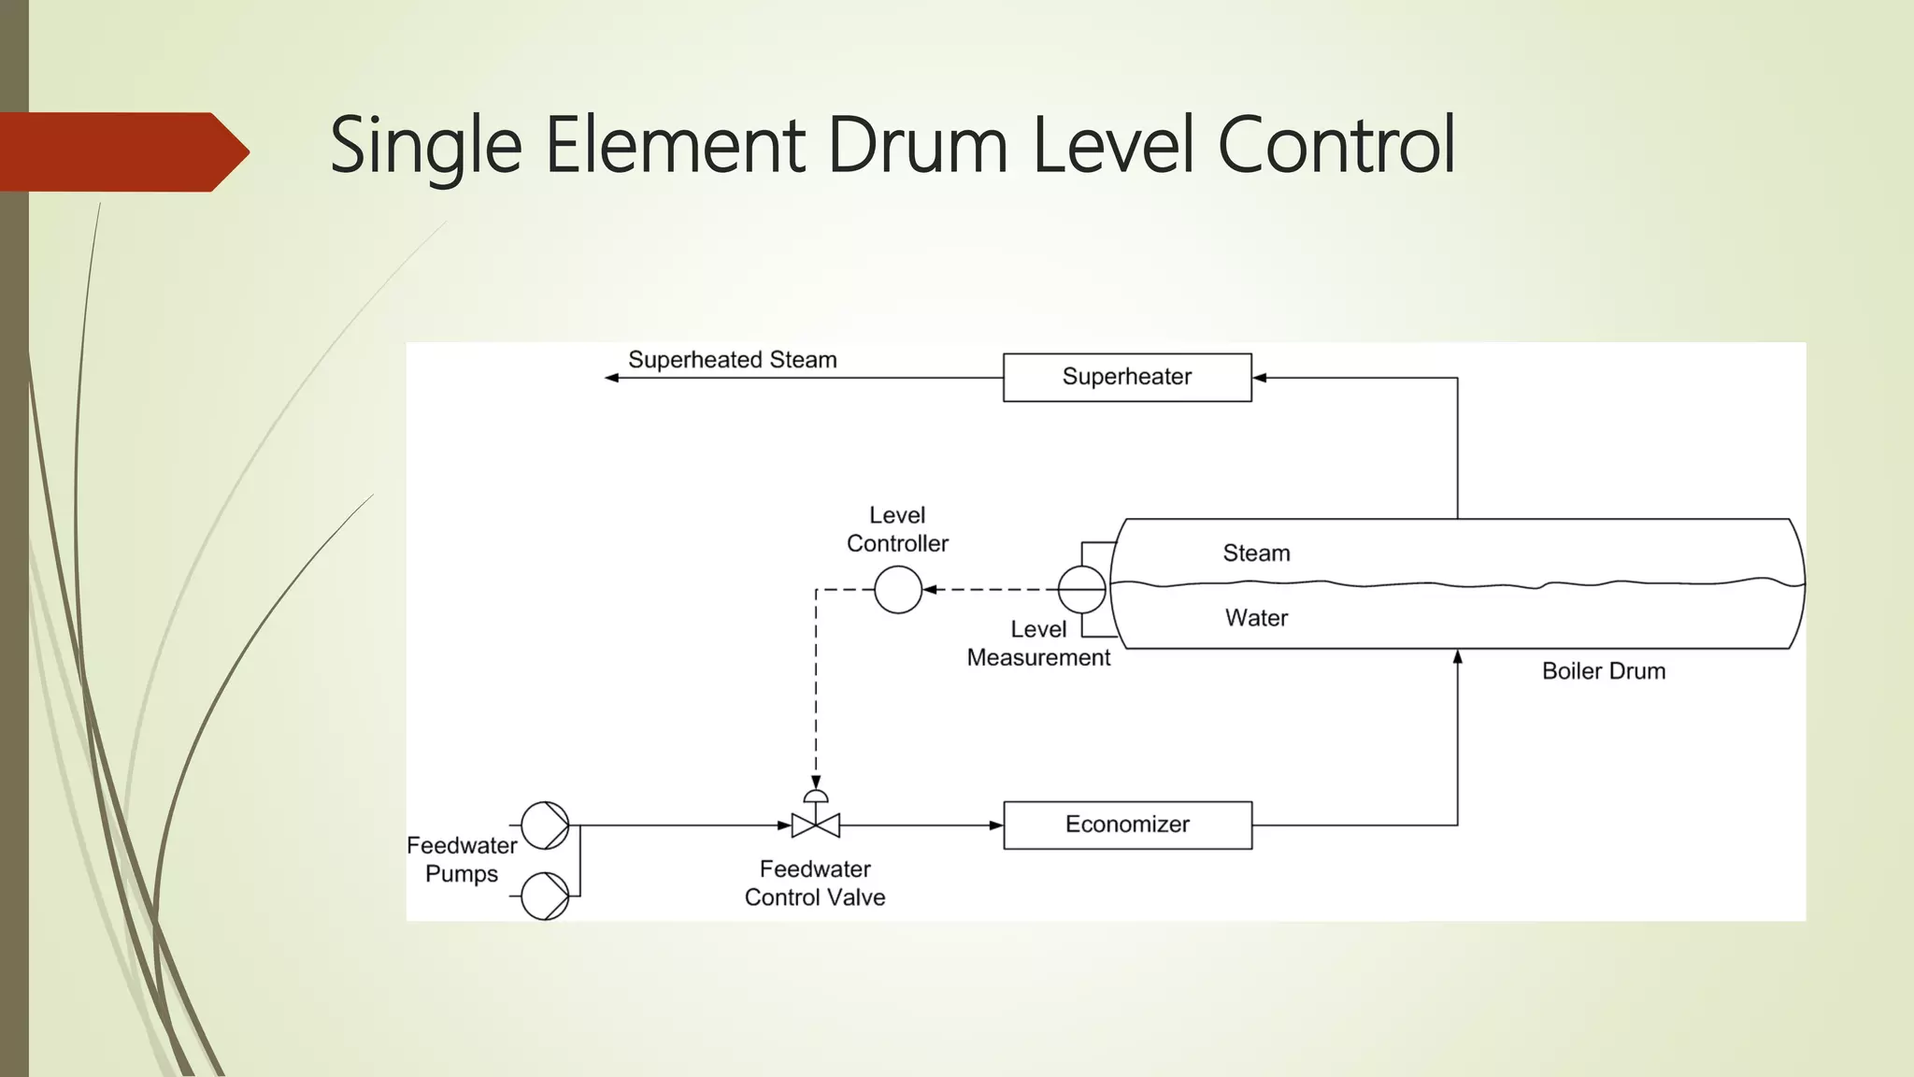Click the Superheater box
coord(1126,378)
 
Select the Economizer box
coord(1127,825)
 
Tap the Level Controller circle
coord(898,590)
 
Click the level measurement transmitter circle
coord(1081,590)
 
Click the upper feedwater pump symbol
coord(545,826)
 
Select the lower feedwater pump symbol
coord(545,896)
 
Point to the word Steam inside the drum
coord(1256,553)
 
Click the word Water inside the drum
coord(1256,618)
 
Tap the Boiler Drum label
coord(1603,671)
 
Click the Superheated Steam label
coord(732,360)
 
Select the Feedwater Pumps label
coord(462,859)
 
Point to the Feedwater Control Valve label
coord(815,883)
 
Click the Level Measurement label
coord(1038,643)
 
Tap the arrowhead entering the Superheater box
coord(1260,378)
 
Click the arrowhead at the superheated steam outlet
coord(612,378)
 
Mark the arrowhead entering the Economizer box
coord(996,826)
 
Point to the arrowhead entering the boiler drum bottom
coord(1457,657)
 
